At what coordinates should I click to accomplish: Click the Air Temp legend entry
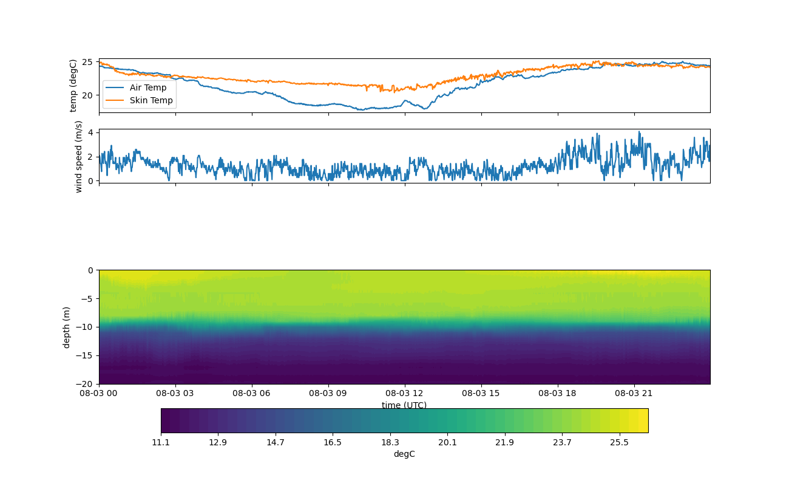(x=139, y=87)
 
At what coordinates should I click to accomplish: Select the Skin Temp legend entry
(x=139, y=100)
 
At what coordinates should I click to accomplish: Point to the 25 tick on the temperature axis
(x=87, y=63)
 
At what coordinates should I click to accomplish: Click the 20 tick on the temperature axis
(x=87, y=95)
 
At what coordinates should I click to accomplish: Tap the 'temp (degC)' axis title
(x=73, y=86)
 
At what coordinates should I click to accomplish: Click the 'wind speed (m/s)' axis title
(x=78, y=156)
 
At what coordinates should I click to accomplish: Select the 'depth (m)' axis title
(x=67, y=327)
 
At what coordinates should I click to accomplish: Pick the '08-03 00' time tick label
(x=99, y=393)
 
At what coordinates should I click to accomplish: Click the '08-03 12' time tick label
(x=405, y=393)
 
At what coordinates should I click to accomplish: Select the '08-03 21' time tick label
(x=634, y=393)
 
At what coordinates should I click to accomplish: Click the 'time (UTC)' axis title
(x=404, y=405)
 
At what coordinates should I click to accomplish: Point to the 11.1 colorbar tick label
(x=161, y=442)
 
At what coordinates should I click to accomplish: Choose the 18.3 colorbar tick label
(x=390, y=442)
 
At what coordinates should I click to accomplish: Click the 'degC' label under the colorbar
(x=404, y=454)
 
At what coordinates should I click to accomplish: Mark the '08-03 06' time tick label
(x=252, y=393)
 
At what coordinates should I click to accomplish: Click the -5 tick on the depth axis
(x=87, y=299)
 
